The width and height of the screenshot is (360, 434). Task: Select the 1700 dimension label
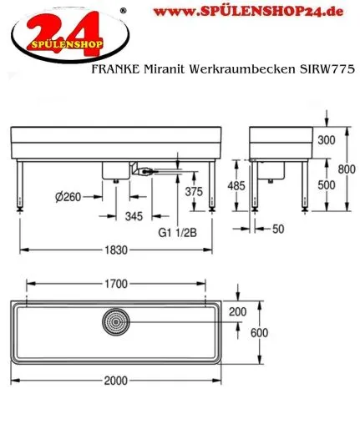[116, 283]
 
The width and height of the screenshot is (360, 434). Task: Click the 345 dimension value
[133, 216]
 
